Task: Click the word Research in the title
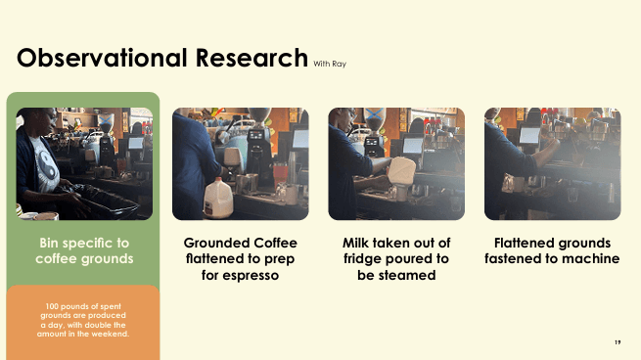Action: [x=252, y=58]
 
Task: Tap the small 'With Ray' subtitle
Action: [x=330, y=64]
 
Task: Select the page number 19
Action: [x=618, y=342]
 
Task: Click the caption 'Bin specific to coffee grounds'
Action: [x=84, y=250]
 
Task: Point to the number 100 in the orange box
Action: [x=52, y=306]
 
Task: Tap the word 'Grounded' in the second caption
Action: [x=216, y=244]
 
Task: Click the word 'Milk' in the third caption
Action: [x=355, y=243]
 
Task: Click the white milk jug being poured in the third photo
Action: [x=400, y=170]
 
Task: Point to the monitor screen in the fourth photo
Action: [x=529, y=135]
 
